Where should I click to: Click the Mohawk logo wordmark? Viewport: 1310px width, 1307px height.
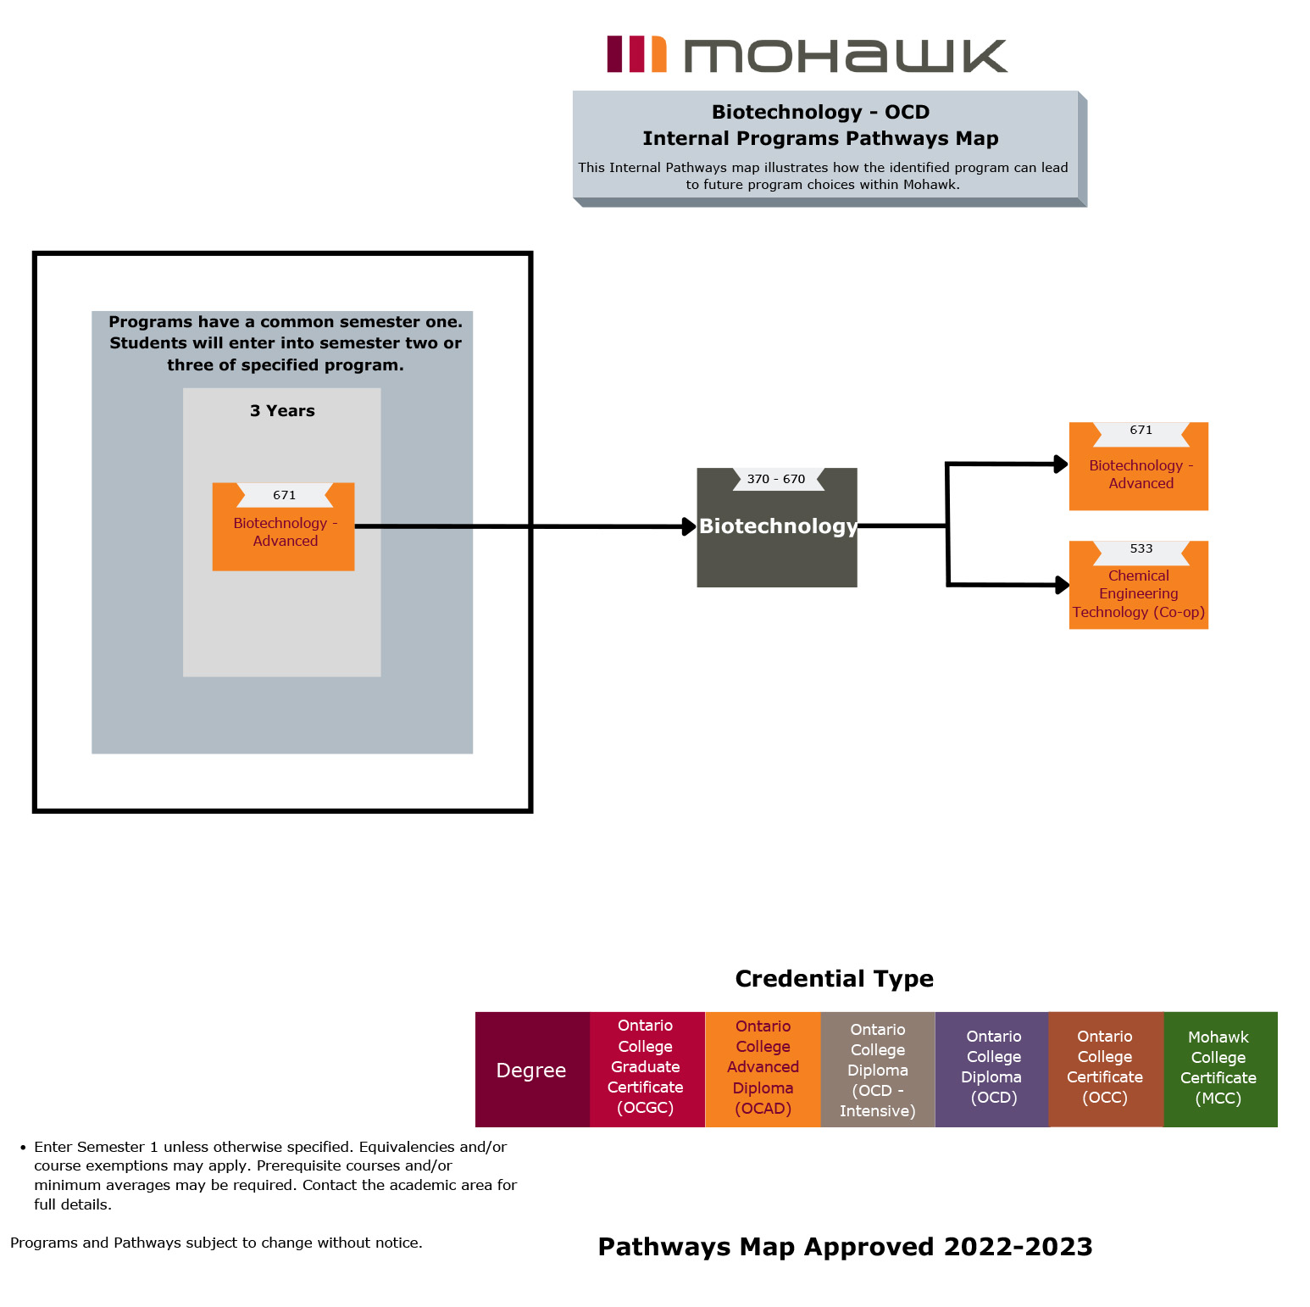[845, 56]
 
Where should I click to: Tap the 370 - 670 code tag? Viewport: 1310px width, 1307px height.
[776, 479]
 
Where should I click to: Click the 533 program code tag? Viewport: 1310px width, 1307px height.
[1141, 549]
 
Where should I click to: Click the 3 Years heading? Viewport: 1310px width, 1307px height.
[282, 411]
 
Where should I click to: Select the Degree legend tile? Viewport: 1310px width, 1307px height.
[531, 1070]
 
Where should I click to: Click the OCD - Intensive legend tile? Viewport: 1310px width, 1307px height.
[878, 1070]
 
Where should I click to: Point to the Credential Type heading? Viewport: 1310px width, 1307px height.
[834, 979]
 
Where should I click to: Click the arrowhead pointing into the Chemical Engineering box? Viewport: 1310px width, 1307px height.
[1062, 585]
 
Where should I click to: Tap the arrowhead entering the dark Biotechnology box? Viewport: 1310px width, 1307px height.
[690, 526]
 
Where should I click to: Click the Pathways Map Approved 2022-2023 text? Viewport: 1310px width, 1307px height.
[845, 1247]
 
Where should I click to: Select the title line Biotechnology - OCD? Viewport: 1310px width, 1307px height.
[820, 112]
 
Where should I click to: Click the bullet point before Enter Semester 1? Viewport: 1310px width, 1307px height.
[23, 1148]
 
